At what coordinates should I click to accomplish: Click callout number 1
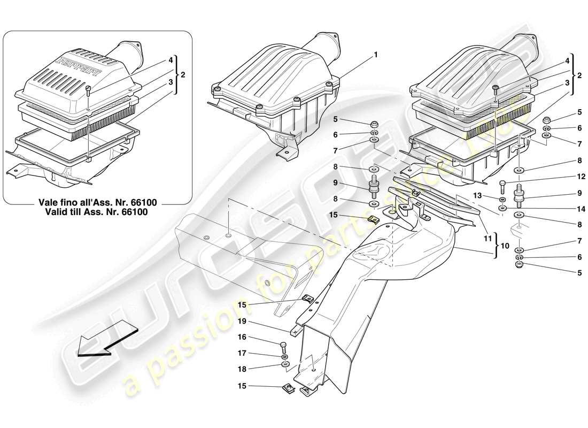tap(376, 54)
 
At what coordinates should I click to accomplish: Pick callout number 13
tap(477, 196)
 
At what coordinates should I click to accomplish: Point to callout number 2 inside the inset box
tap(183, 75)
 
